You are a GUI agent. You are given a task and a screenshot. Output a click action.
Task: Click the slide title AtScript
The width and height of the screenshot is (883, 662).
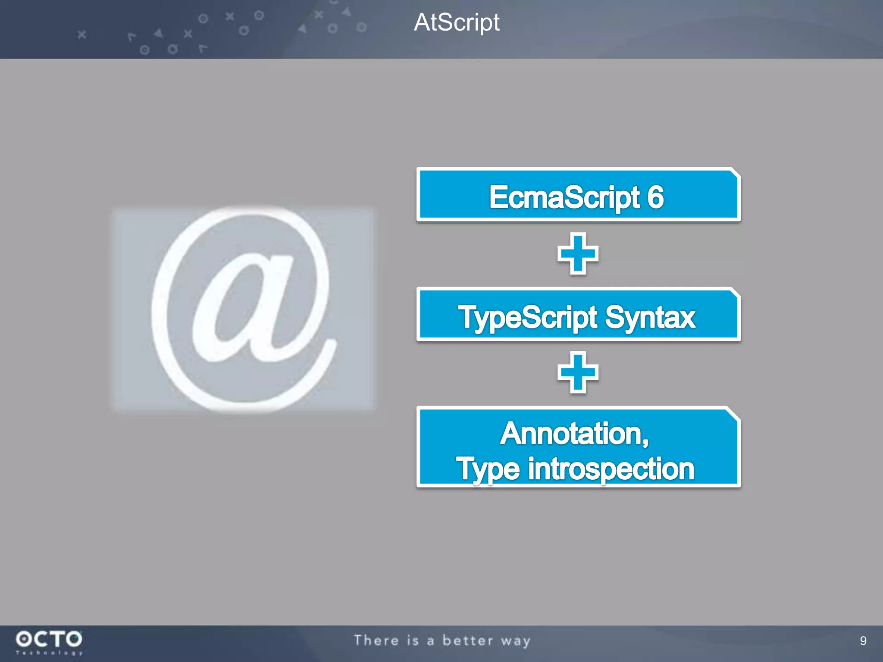pyautogui.click(x=457, y=22)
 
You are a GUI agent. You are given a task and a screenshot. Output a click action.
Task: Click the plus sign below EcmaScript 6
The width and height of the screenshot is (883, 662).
pyautogui.click(x=578, y=253)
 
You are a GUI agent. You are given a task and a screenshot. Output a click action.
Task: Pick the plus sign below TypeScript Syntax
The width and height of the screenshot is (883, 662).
pyautogui.click(x=578, y=372)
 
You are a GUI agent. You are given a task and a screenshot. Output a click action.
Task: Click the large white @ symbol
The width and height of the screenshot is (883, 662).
pyautogui.click(x=244, y=309)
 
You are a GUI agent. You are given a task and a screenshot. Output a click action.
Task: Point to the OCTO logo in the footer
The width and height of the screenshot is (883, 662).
pyautogui.click(x=49, y=639)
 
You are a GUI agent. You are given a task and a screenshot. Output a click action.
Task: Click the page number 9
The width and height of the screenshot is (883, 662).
pyautogui.click(x=863, y=641)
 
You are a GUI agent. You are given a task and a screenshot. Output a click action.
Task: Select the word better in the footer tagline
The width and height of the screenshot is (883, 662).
pyautogui.click(x=467, y=640)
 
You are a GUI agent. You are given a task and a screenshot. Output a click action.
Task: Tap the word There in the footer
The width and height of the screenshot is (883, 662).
pyautogui.click(x=376, y=640)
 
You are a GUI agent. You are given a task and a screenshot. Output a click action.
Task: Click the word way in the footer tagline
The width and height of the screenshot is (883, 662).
pyautogui.click(x=516, y=641)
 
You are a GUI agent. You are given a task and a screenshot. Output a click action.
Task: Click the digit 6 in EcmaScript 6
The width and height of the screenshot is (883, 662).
pyautogui.click(x=655, y=197)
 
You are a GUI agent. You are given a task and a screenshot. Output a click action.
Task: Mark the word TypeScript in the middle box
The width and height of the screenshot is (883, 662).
pyautogui.click(x=528, y=318)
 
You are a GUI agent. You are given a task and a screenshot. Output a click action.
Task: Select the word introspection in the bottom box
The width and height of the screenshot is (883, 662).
pyautogui.click(x=611, y=469)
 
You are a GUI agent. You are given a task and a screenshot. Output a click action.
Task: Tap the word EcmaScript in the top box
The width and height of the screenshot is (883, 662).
pyautogui.click(x=564, y=197)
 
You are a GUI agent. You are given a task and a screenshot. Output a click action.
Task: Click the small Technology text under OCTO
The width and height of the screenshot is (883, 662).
pyautogui.click(x=49, y=653)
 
